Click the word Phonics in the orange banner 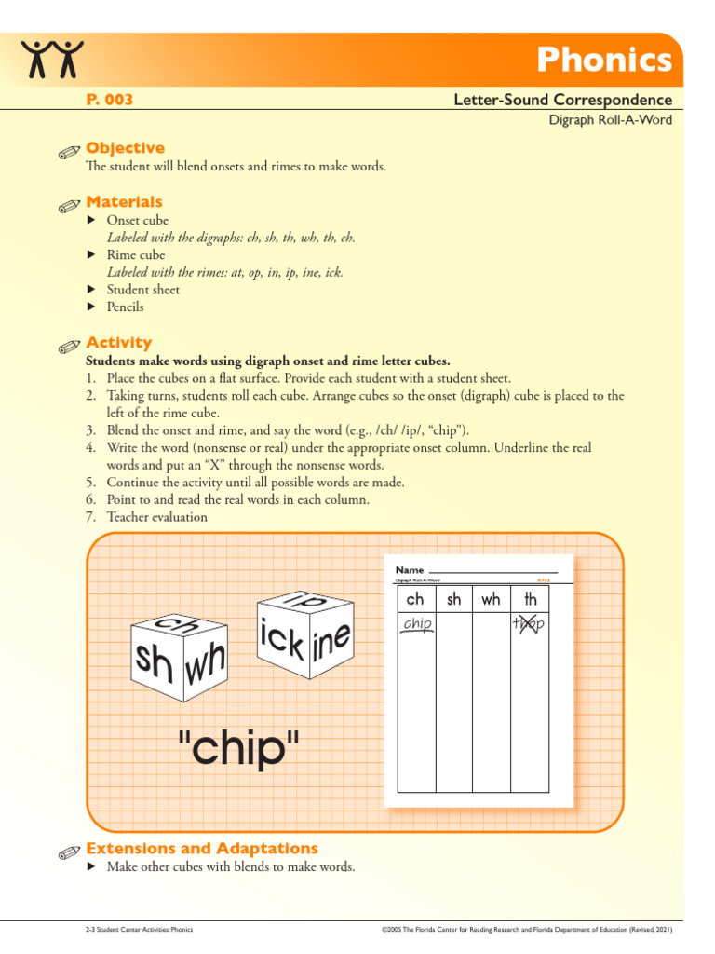(x=603, y=61)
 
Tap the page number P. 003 (x=109, y=100)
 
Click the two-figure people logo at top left (x=53, y=59)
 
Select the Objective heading (x=125, y=148)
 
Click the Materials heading (x=124, y=202)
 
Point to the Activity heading (x=118, y=343)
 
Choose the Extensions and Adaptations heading (x=201, y=849)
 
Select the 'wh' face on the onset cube (x=206, y=663)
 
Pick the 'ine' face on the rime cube (x=331, y=642)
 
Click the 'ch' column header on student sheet (x=415, y=599)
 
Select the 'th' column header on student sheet (x=530, y=599)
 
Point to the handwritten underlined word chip (x=417, y=624)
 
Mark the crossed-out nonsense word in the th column (x=528, y=624)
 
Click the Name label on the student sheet (x=410, y=569)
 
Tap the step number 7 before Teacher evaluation (x=90, y=517)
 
